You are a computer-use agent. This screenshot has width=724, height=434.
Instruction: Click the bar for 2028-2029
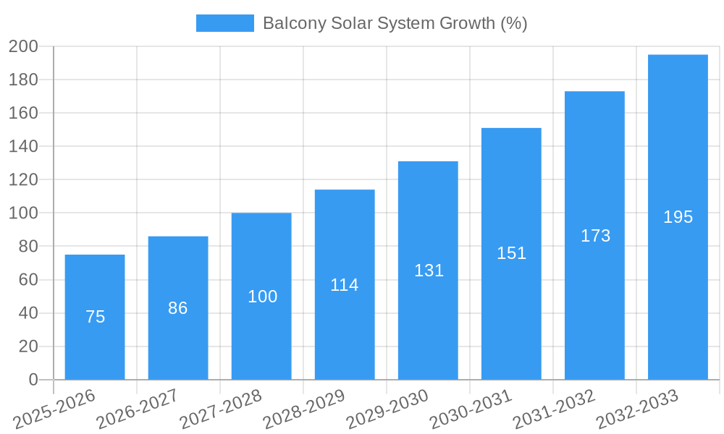pos(345,325)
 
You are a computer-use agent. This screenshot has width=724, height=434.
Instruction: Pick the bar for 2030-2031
pos(511,304)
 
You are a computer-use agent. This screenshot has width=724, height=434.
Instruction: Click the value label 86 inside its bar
pos(178,308)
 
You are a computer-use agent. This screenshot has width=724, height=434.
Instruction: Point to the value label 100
pos(262,297)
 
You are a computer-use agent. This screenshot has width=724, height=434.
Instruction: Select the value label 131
pos(429,271)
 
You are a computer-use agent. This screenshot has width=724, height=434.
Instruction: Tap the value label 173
pos(595,236)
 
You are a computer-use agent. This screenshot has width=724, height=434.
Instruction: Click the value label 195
pos(678,217)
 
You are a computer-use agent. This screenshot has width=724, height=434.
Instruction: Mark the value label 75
pos(95,317)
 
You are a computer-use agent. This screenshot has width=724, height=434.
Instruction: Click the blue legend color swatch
pos(224,23)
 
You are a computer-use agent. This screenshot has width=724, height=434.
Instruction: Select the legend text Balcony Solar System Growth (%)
pos(395,23)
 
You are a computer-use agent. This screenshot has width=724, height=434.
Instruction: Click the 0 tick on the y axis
pos(33,380)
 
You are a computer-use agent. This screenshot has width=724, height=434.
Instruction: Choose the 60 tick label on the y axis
pos(28,280)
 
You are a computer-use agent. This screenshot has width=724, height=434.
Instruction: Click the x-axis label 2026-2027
pos(138,409)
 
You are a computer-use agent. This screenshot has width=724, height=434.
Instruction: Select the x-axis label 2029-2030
pos(388,409)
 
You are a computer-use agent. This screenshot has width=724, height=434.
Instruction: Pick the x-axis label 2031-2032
pos(555,409)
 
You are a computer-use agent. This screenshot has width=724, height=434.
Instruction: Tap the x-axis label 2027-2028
pos(222,409)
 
